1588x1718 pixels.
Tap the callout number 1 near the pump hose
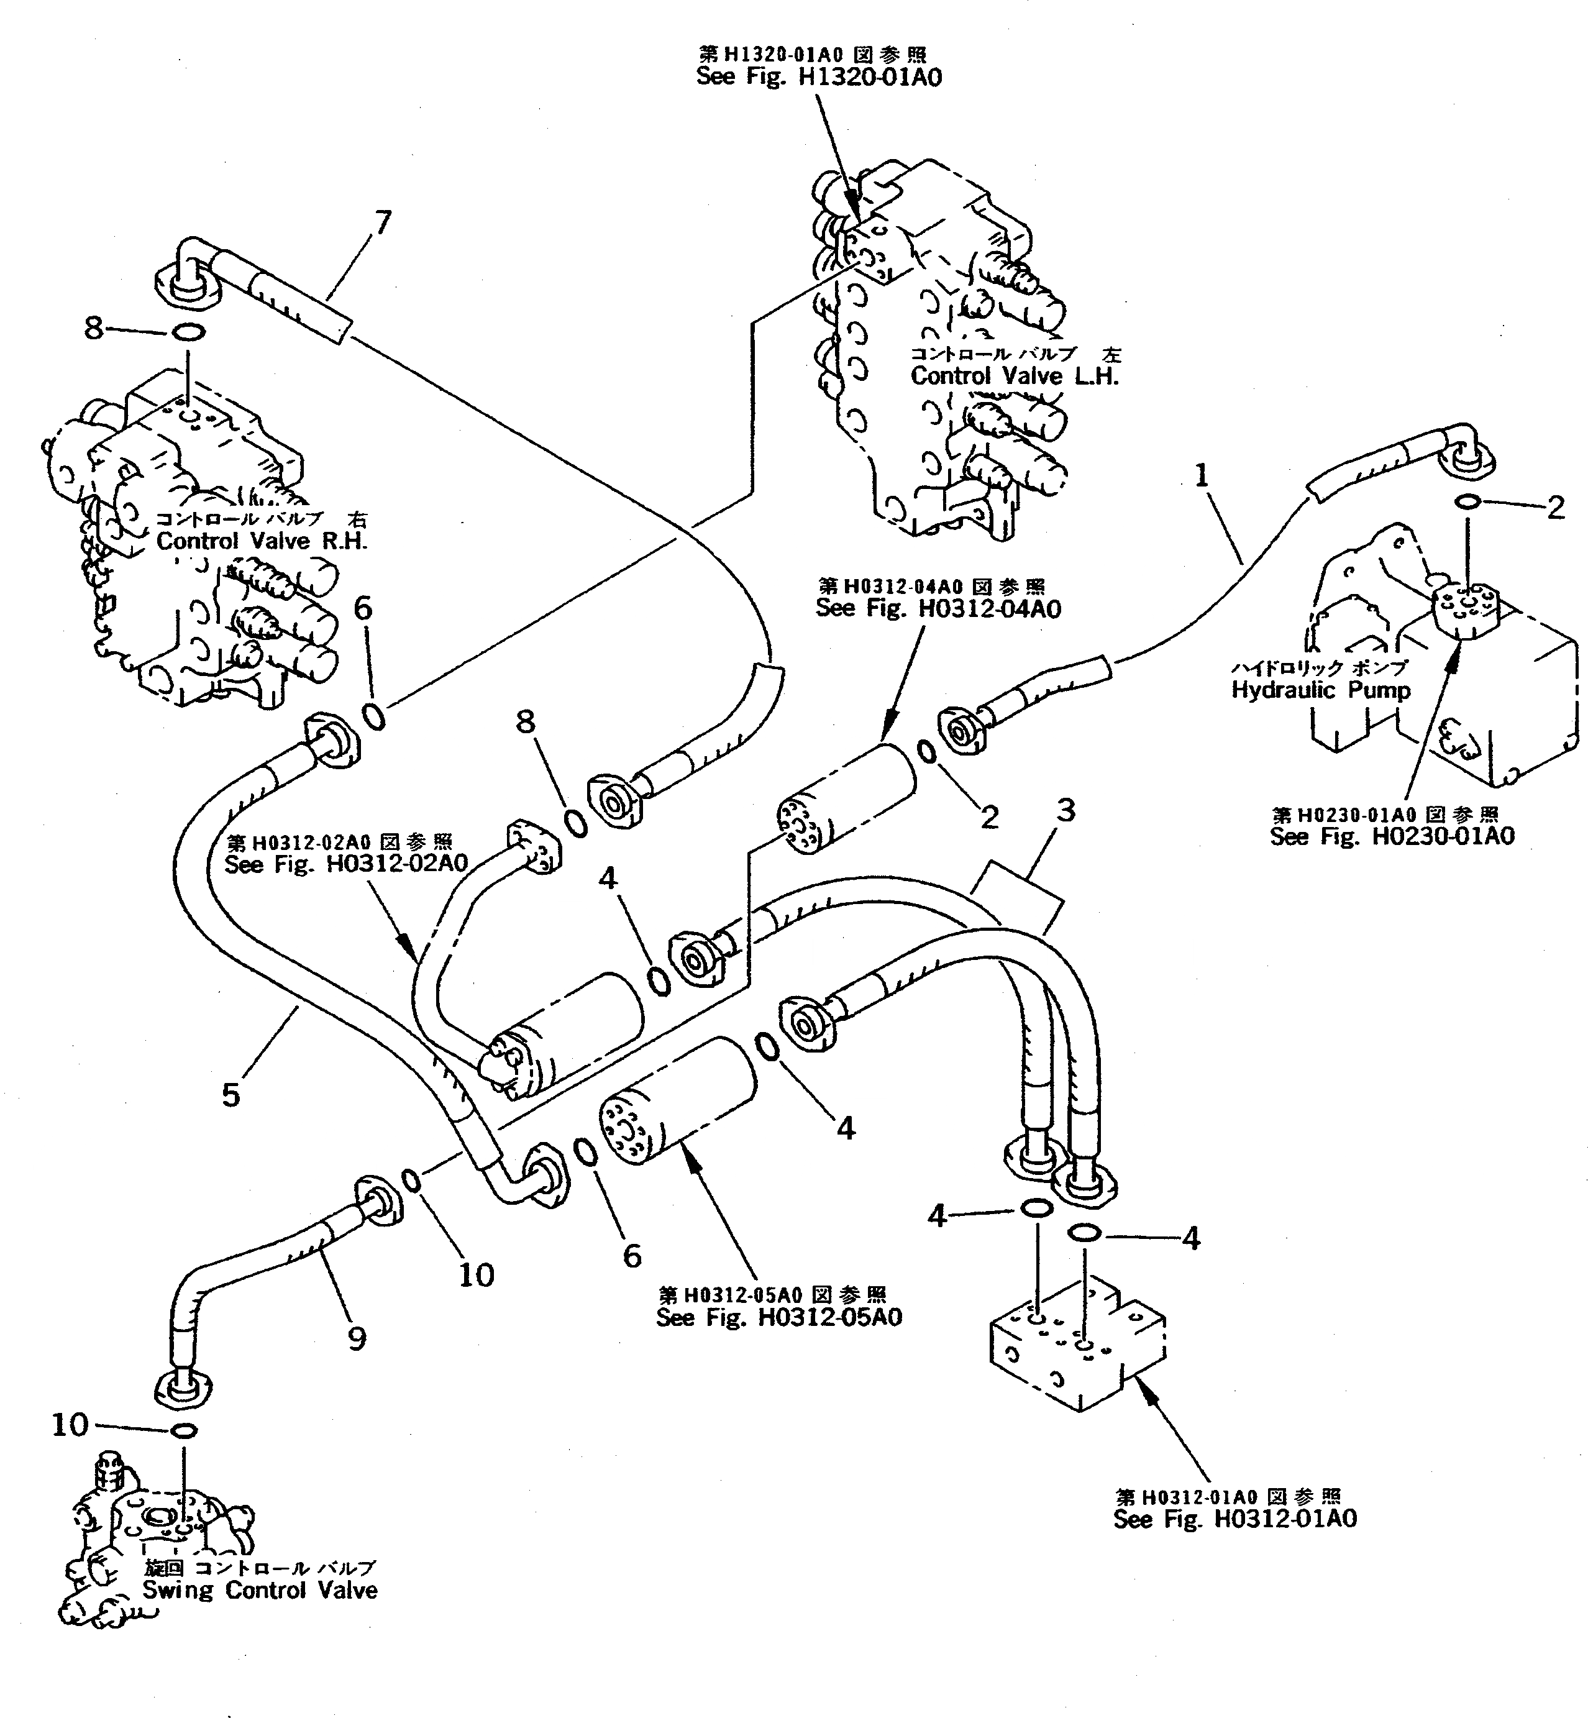click(x=1202, y=475)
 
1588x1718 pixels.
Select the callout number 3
click(x=1066, y=810)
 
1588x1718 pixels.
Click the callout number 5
click(x=231, y=1095)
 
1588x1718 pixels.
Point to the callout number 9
click(x=357, y=1338)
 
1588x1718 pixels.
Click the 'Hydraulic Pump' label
click(x=1321, y=690)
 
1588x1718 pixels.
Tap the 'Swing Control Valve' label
click(x=260, y=1590)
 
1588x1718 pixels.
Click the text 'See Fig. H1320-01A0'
click(x=818, y=77)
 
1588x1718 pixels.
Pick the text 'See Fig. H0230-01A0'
click(x=1392, y=836)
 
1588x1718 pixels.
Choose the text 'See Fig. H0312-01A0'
click(x=1235, y=1519)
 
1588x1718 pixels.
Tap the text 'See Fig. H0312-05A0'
click(x=778, y=1317)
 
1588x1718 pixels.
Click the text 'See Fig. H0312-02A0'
click(x=345, y=864)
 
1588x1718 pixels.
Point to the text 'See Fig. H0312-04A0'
click(x=938, y=608)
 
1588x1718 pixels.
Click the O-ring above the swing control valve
click(x=184, y=1430)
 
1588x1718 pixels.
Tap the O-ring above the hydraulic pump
click(x=1467, y=501)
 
